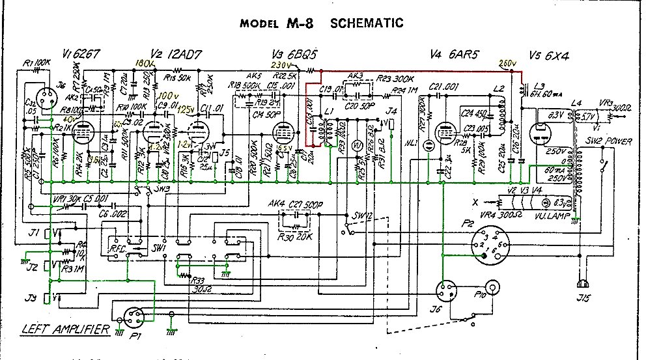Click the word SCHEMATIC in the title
click(x=367, y=23)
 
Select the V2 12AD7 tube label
click(x=170, y=53)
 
